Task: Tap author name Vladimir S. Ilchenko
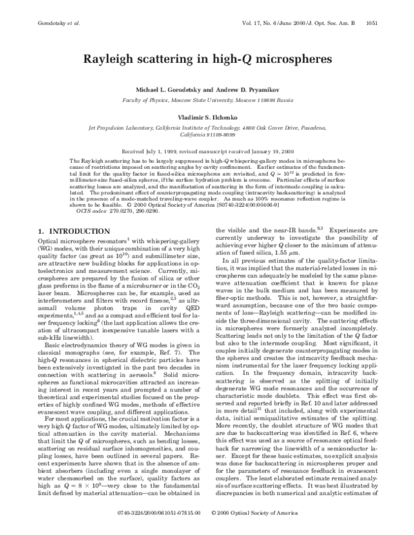coord(206,118)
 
